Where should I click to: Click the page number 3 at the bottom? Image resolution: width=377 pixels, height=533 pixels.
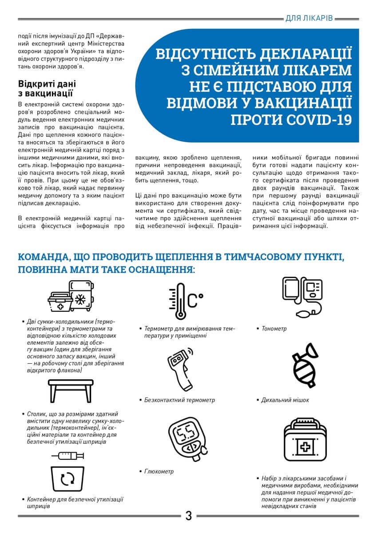point(188,516)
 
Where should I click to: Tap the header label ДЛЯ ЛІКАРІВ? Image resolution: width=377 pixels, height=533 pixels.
point(309,19)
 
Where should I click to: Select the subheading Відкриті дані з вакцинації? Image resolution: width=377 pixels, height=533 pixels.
point(47,88)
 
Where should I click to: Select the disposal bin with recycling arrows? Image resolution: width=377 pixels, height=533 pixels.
point(67,479)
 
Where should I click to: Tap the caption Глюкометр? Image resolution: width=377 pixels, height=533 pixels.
point(159,471)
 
